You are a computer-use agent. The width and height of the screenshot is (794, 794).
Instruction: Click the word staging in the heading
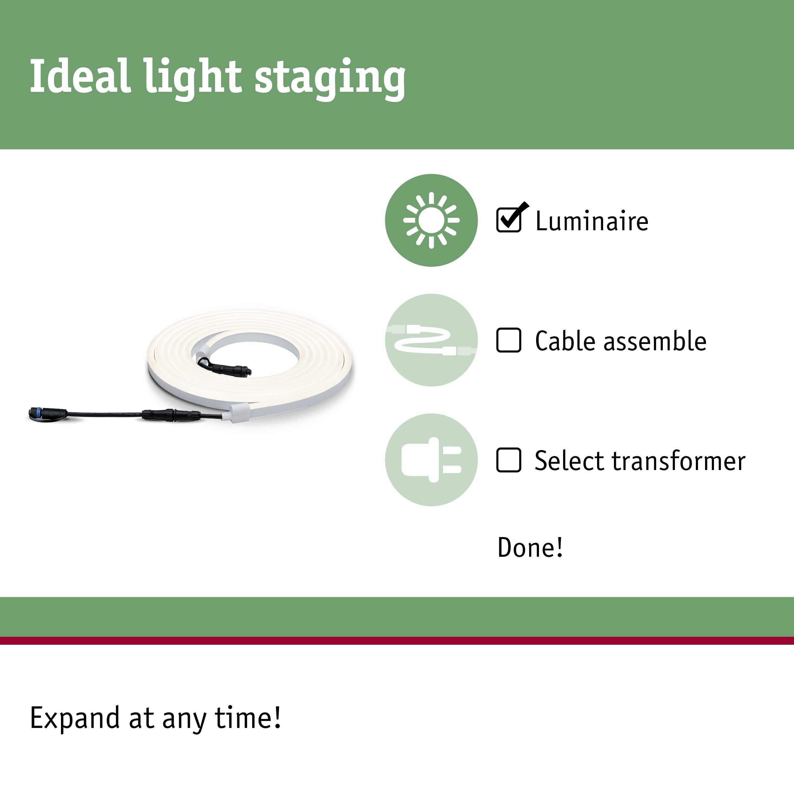[x=330, y=79]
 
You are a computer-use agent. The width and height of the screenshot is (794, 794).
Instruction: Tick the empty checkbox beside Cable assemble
[x=509, y=340]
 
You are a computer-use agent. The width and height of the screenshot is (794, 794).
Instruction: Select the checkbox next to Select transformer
[x=509, y=460]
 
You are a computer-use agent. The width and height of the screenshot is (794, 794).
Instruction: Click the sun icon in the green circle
[x=431, y=220]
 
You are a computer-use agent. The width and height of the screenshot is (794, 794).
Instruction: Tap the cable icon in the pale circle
[x=431, y=340]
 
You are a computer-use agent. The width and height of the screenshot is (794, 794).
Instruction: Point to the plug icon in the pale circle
[x=431, y=460]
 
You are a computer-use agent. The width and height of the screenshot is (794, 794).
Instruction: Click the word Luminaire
[x=592, y=221]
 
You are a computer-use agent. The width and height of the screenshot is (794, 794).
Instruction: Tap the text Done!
[x=530, y=548]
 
